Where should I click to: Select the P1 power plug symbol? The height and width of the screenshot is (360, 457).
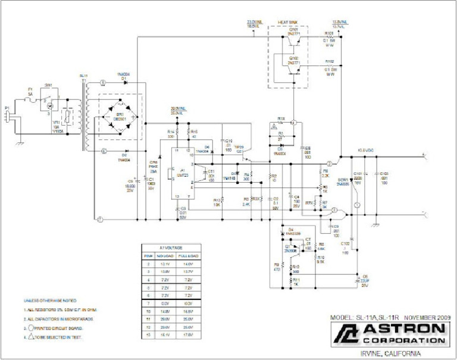click(8, 115)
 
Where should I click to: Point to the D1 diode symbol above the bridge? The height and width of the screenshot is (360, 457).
click(124, 82)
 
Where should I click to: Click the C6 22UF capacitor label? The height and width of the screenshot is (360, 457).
click(365, 280)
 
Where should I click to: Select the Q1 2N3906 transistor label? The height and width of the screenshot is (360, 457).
click(290, 248)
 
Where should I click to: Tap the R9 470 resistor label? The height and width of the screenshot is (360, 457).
click(277, 267)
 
